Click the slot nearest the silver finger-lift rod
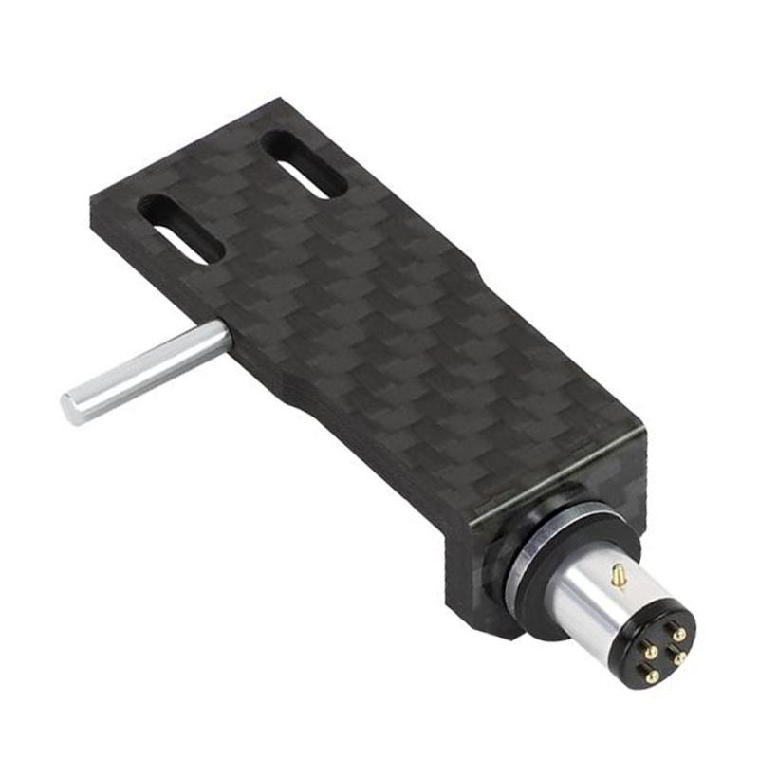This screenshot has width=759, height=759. (x=181, y=229)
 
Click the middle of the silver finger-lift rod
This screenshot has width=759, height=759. (x=147, y=371)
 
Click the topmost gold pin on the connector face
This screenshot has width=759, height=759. (x=678, y=635)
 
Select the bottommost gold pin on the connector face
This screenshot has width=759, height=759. (x=652, y=676)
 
